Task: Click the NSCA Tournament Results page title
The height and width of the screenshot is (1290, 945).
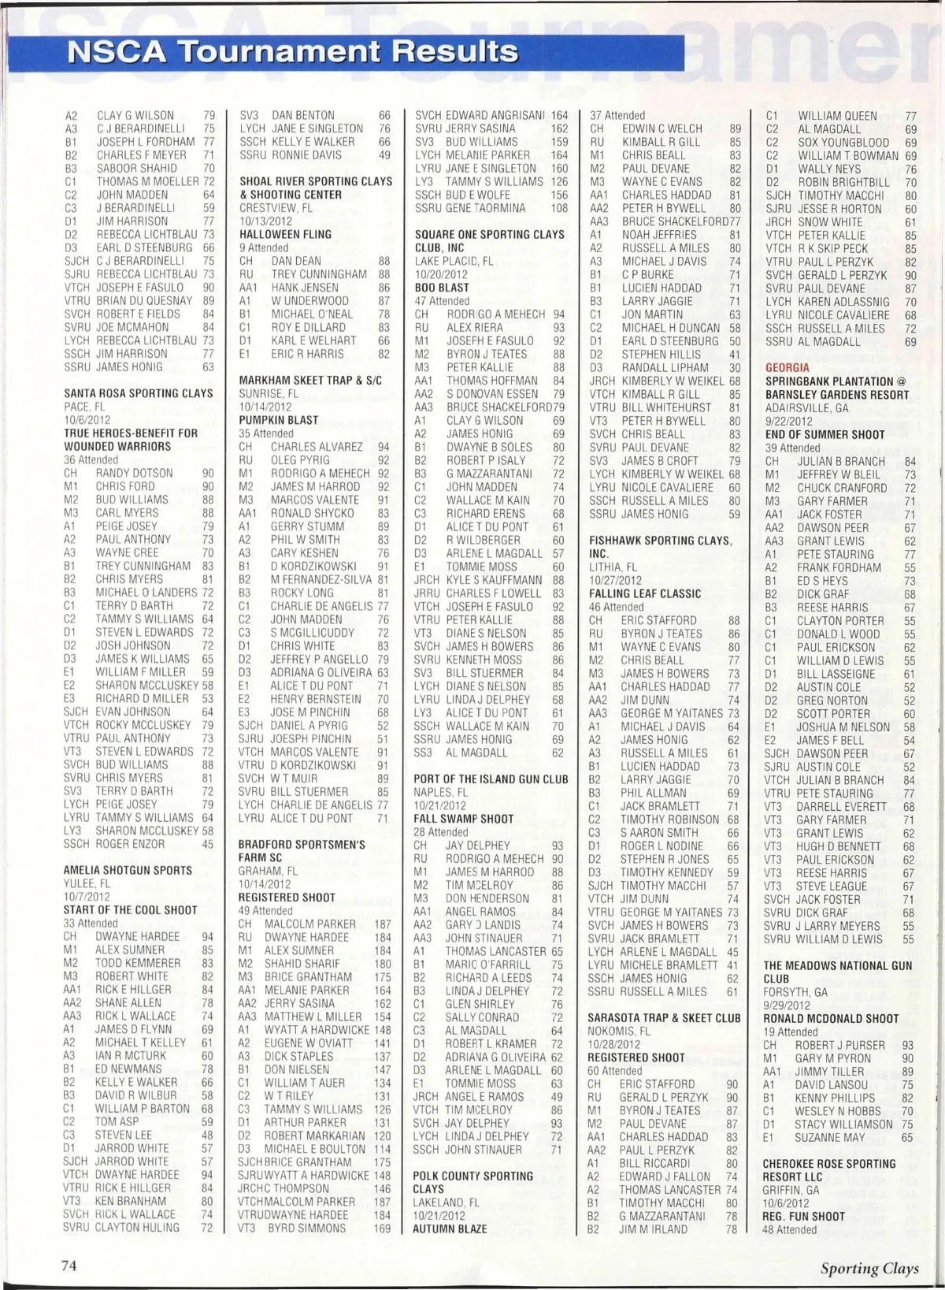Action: pos(293,52)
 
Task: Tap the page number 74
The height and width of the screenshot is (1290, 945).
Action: pos(69,1265)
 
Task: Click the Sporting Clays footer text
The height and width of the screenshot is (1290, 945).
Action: pos(869,1268)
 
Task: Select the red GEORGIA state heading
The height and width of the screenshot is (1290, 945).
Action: pos(787,368)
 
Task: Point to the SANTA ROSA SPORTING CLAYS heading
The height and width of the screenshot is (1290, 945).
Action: pos(139,393)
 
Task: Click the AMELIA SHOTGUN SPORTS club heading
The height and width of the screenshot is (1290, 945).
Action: pos(128,870)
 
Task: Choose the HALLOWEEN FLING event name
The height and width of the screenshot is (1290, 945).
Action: pos(285,234)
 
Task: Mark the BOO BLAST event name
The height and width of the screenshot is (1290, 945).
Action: pos(442,288)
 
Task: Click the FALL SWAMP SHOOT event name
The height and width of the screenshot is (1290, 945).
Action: pos(463,819)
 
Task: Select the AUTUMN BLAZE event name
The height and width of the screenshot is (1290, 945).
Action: pos(450,1229)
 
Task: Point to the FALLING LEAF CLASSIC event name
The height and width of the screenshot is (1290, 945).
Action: pos(645,593)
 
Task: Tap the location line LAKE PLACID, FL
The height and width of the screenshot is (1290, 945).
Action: pos(454,261)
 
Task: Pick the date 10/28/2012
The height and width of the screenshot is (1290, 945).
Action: pos(613,1044)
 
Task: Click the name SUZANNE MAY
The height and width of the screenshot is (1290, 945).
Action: pos(830,1138)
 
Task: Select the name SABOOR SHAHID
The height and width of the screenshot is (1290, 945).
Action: pos(137,168)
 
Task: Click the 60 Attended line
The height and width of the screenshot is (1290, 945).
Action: pos(615,1071)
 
